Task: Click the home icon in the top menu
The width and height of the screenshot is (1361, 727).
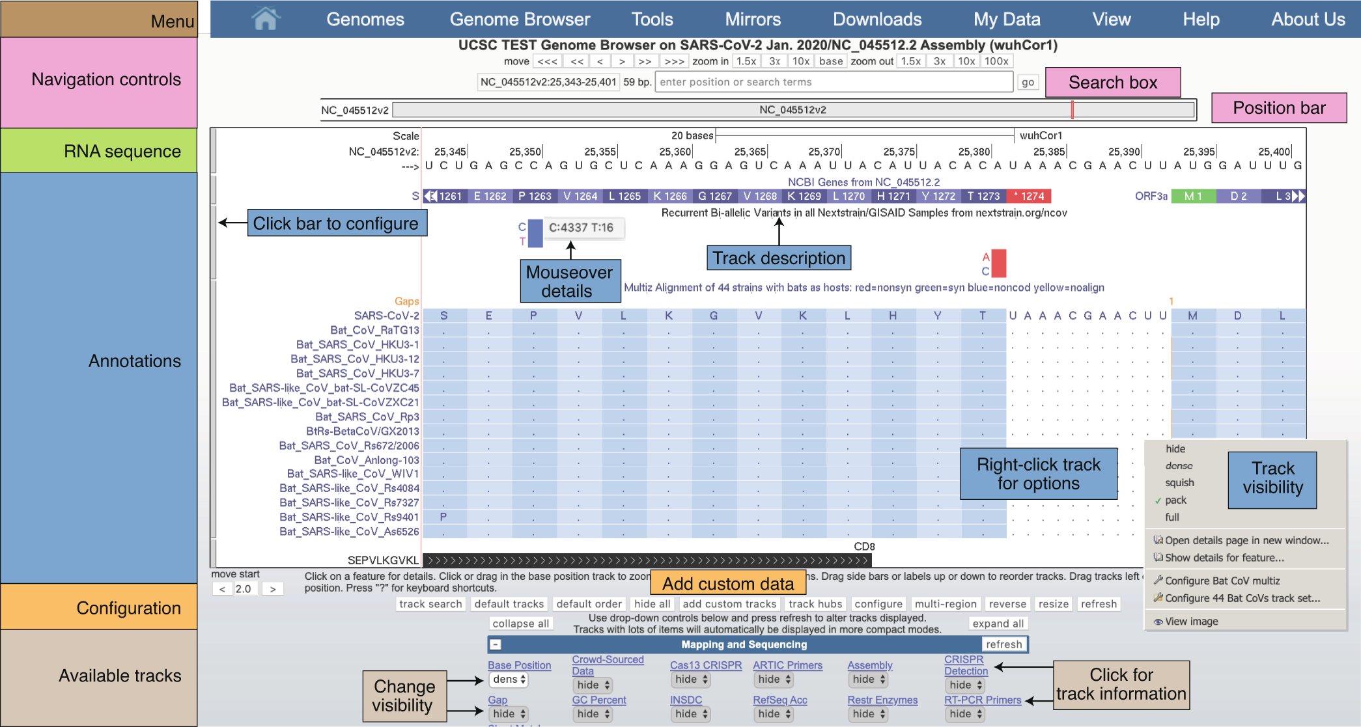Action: pos(265,19)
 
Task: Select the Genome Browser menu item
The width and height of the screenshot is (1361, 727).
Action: pos(520,20)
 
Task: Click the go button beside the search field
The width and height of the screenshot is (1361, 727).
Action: pos(1028,82)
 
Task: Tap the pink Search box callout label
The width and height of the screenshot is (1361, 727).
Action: pos(1112,83)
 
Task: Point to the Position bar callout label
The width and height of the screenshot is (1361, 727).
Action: pos(1278,108)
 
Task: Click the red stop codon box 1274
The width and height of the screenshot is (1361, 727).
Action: pos(1029,196)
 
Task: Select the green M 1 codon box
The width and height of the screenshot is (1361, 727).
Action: pos(1193,196)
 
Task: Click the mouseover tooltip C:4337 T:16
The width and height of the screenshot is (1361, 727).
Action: pos(581,228)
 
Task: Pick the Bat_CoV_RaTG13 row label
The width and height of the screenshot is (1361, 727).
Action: pos(374,330)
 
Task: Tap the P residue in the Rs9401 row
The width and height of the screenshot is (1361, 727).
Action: pos(443,517)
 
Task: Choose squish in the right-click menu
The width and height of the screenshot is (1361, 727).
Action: pos(1179,483)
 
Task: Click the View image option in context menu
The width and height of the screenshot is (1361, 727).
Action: pos(1191,622)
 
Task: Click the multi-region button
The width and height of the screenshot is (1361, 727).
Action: pos(946,604)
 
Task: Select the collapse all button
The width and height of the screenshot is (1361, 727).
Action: pos(520,624)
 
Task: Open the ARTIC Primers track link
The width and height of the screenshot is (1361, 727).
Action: pos(787,665)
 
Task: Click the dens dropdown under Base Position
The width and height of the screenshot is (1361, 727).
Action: pos(508,679)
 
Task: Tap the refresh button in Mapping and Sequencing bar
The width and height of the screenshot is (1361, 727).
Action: pos(1003,644)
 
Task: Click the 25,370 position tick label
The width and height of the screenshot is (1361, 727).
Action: pos(824,152)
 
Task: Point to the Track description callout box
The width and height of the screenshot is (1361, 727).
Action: pos(779,258)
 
